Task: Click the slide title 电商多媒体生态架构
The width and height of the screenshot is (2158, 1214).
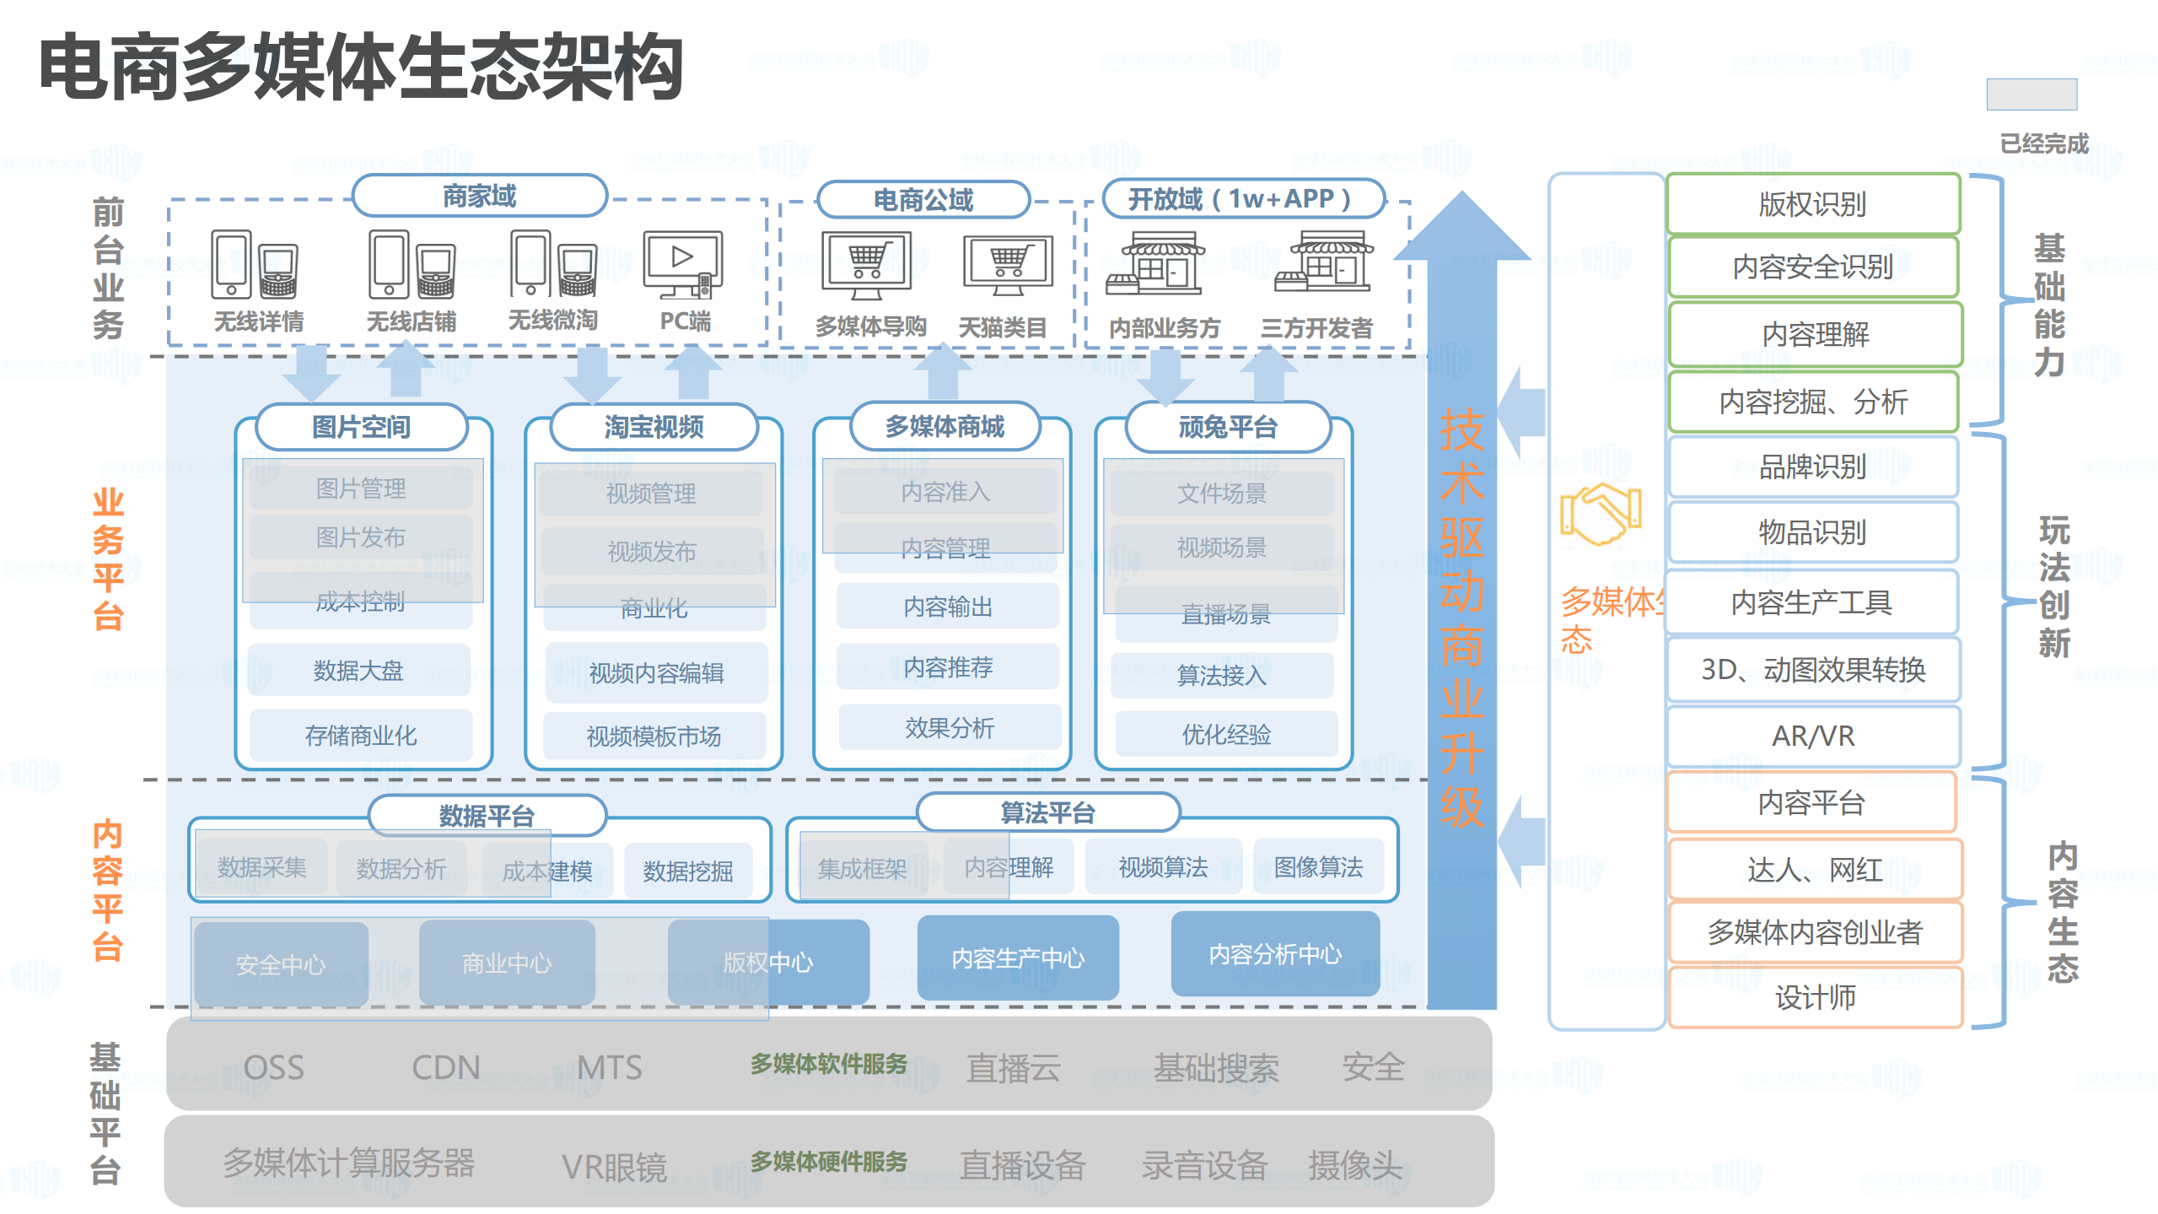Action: click(x=361, y=67)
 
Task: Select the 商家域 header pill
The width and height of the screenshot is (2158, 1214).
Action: click(x=479, y=197)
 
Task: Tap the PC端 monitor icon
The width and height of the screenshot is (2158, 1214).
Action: click(x=682, y=264)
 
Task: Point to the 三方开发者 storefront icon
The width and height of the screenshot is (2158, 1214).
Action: click(x=1324, y=262)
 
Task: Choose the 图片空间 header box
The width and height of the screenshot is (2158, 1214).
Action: click(x=361, y=427)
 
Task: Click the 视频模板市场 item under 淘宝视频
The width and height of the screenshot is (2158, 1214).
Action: click(x=654, y=736)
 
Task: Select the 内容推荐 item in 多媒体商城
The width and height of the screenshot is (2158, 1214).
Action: click(x=948, y=667)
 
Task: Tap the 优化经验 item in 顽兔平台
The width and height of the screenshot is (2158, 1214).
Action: click(x=1225, y=734)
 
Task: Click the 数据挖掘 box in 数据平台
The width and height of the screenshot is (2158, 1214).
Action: click(x=687, y=871)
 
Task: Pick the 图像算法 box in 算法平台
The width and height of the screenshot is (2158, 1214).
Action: click(x=1317, y=866)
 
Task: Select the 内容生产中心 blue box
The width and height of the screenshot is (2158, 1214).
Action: click(x=1017, y=958)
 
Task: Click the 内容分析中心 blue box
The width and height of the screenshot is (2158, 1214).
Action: click(x=1274, y=953)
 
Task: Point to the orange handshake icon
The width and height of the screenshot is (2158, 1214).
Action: click(x=1599, y=514)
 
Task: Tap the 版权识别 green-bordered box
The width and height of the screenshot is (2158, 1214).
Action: click(x=1812, y=204)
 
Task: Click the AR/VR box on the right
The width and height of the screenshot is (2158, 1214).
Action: click(x=1812, y=736)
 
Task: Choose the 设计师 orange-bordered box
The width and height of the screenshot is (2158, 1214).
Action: click(x=1814, y=997)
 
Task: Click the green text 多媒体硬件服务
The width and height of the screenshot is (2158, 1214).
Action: click(x=828, y=1162)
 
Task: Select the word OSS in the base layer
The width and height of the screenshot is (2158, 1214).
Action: click(x=273, y=1067)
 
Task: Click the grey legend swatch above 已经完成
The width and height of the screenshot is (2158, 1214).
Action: click(x=2031, y=94)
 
